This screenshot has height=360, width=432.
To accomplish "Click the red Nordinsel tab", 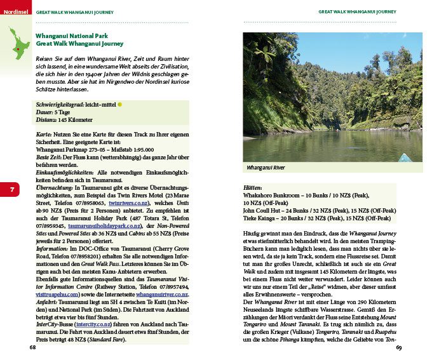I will coord(15,11).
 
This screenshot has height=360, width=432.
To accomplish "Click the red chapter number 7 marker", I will coord(12,189).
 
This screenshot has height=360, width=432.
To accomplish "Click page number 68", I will coord(32,347).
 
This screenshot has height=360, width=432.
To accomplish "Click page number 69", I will coord(399,347).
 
